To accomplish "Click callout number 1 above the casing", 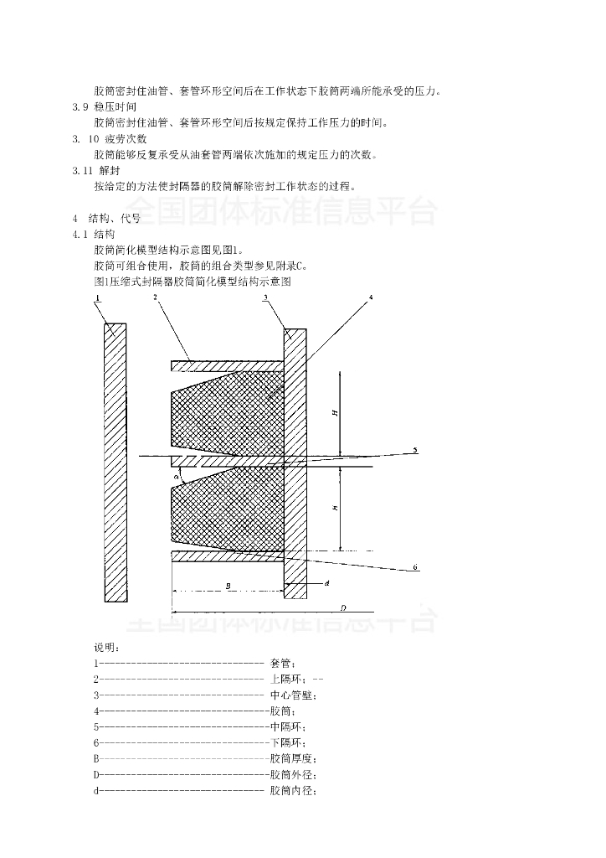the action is click(x=98, y=298).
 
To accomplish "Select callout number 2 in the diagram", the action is click(x=156, y=298).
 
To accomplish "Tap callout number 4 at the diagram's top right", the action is click(x=371, y=298).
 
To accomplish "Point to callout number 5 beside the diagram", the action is click(x=414, y=451).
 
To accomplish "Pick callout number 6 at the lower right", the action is click(x=414, y=569).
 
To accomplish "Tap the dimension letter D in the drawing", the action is click(x=343, y=607).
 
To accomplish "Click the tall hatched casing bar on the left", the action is click(x=116, y=462).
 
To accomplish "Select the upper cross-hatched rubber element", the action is click(x=226, y=411).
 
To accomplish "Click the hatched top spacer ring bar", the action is click(x=226, y=365).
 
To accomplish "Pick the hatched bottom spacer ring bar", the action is click(x=226, y=556).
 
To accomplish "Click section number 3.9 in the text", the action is click(x=80, y=107).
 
